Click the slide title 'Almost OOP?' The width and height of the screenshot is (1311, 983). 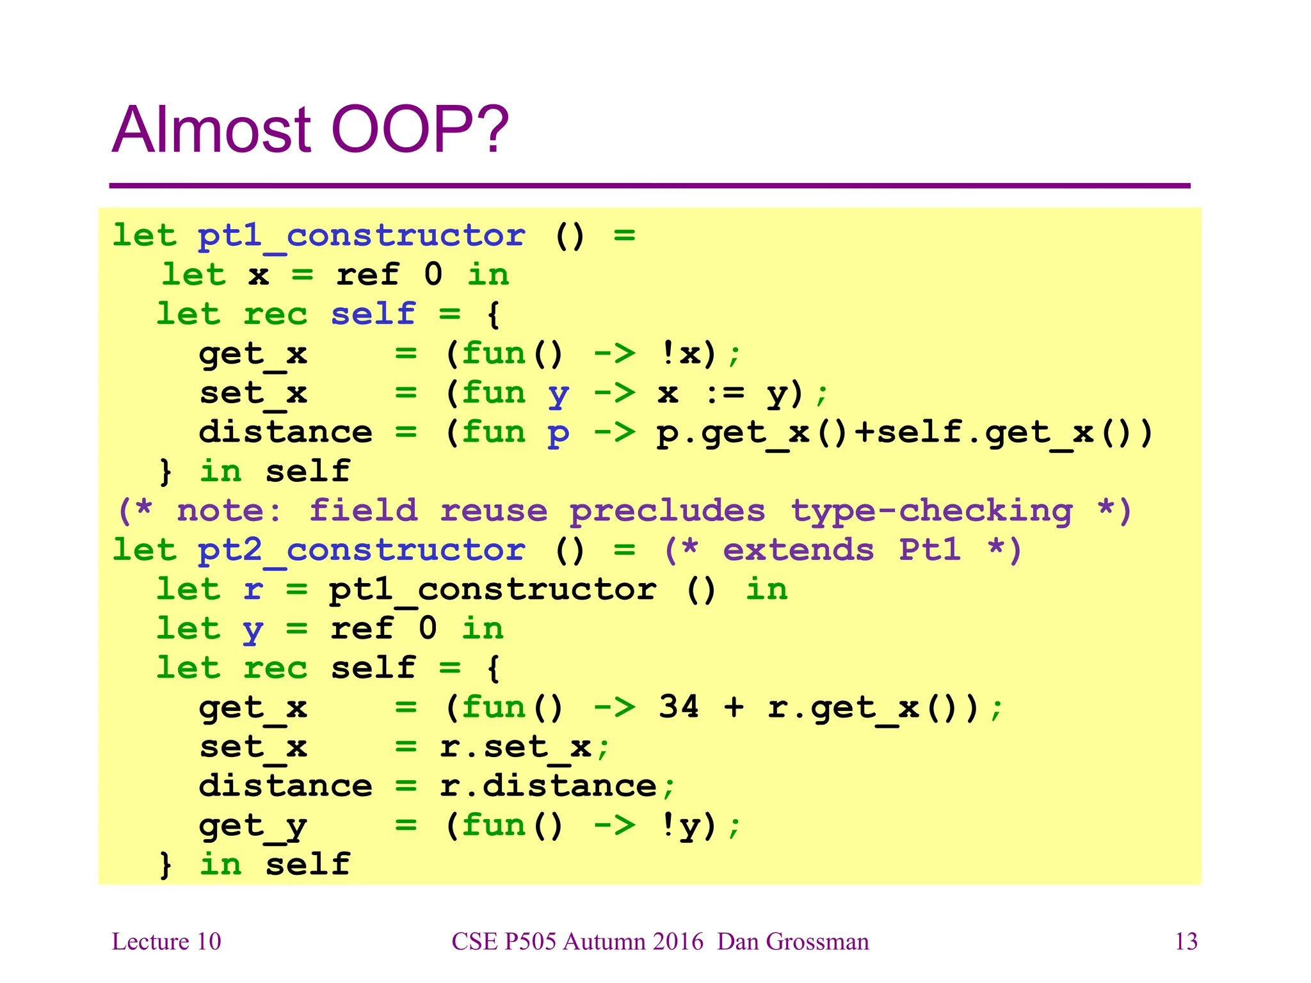(310, 130)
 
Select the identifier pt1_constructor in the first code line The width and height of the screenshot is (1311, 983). (361, 236)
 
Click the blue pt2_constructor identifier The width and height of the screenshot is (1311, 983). (361, 551)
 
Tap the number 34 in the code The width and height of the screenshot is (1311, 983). (679, 707)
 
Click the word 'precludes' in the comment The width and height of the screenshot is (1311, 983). (667, 511)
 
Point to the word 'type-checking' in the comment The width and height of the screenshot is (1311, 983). (931, 511)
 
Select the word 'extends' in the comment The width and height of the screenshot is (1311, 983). (798, 551)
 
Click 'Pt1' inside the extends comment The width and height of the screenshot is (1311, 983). (930, 551)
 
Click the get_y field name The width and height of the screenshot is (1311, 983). (253, 826)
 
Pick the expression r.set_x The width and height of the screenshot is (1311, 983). (515, 747)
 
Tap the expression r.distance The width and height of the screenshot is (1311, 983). (549, 787)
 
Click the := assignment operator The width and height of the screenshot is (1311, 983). (725, 394)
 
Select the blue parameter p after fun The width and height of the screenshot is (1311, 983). (558, 433)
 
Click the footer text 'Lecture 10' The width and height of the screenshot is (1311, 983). (166, 942)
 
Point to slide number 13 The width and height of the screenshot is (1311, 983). (1186, 942)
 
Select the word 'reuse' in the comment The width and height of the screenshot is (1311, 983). (494, 511)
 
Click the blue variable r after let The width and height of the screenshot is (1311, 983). (253, 590)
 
